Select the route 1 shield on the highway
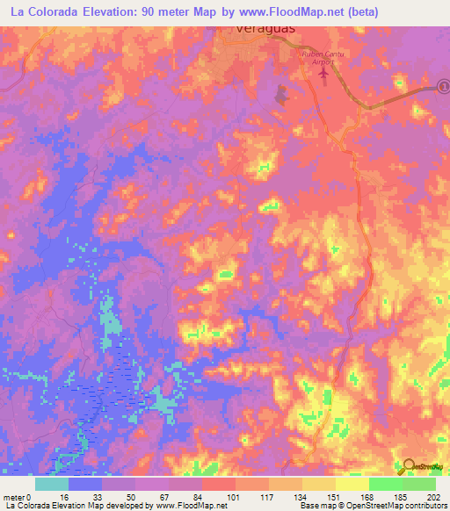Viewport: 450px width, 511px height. [x=445, y=87]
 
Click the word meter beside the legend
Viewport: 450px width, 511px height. [x=12, y=497]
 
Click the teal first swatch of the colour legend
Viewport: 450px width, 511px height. [x=52, y=484]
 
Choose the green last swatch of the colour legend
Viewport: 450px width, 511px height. [x=419, y=484]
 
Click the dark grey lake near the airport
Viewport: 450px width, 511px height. [x=283, y=93]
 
